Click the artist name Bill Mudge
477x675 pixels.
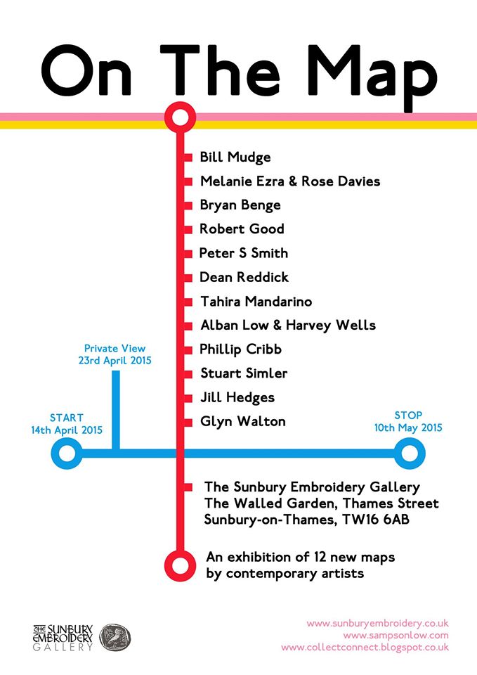[235, 157]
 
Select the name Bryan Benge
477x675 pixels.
[240, 205]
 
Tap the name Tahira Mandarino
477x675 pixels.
[256, 302]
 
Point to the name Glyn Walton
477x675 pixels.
[242, 421]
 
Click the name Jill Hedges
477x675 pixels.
[237, 397]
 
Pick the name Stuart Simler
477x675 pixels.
[243, 373]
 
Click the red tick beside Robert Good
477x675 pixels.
[188, 229]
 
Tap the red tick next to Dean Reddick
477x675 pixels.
[188, 277]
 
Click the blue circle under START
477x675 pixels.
[67, 453]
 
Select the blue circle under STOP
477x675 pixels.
[408, 453]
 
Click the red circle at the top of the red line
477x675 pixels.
[180, 116]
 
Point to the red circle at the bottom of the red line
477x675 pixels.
[180, 562]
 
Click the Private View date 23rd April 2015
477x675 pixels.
[115, 360]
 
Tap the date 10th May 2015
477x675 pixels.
[408, 427]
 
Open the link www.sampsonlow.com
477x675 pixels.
[396, 636]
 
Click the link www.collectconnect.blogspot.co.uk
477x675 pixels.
[365, 648]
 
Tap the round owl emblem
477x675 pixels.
[115, 637]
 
